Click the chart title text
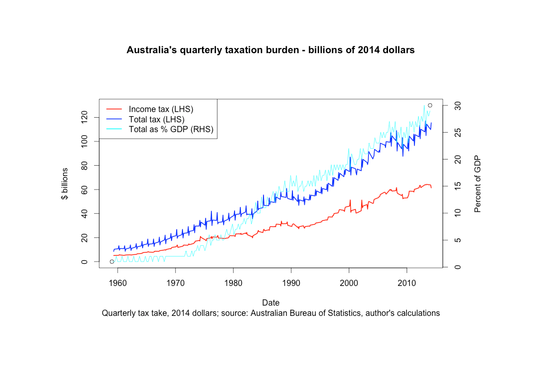pyautogui.click(x=271, y=51)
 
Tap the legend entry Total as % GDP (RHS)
pyautogui.click(x=171, y=129)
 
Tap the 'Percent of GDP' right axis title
pyautogui.click(x=477, y=184)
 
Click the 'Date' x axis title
pyautogui.click(x=271, y=302)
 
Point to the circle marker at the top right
pyautogui.click(x=430, y=105)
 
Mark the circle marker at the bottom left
pyautogui.click(x=112, y=262)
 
